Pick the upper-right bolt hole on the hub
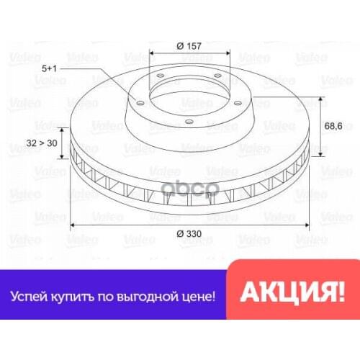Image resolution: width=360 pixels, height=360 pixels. [x=217, y=78]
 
